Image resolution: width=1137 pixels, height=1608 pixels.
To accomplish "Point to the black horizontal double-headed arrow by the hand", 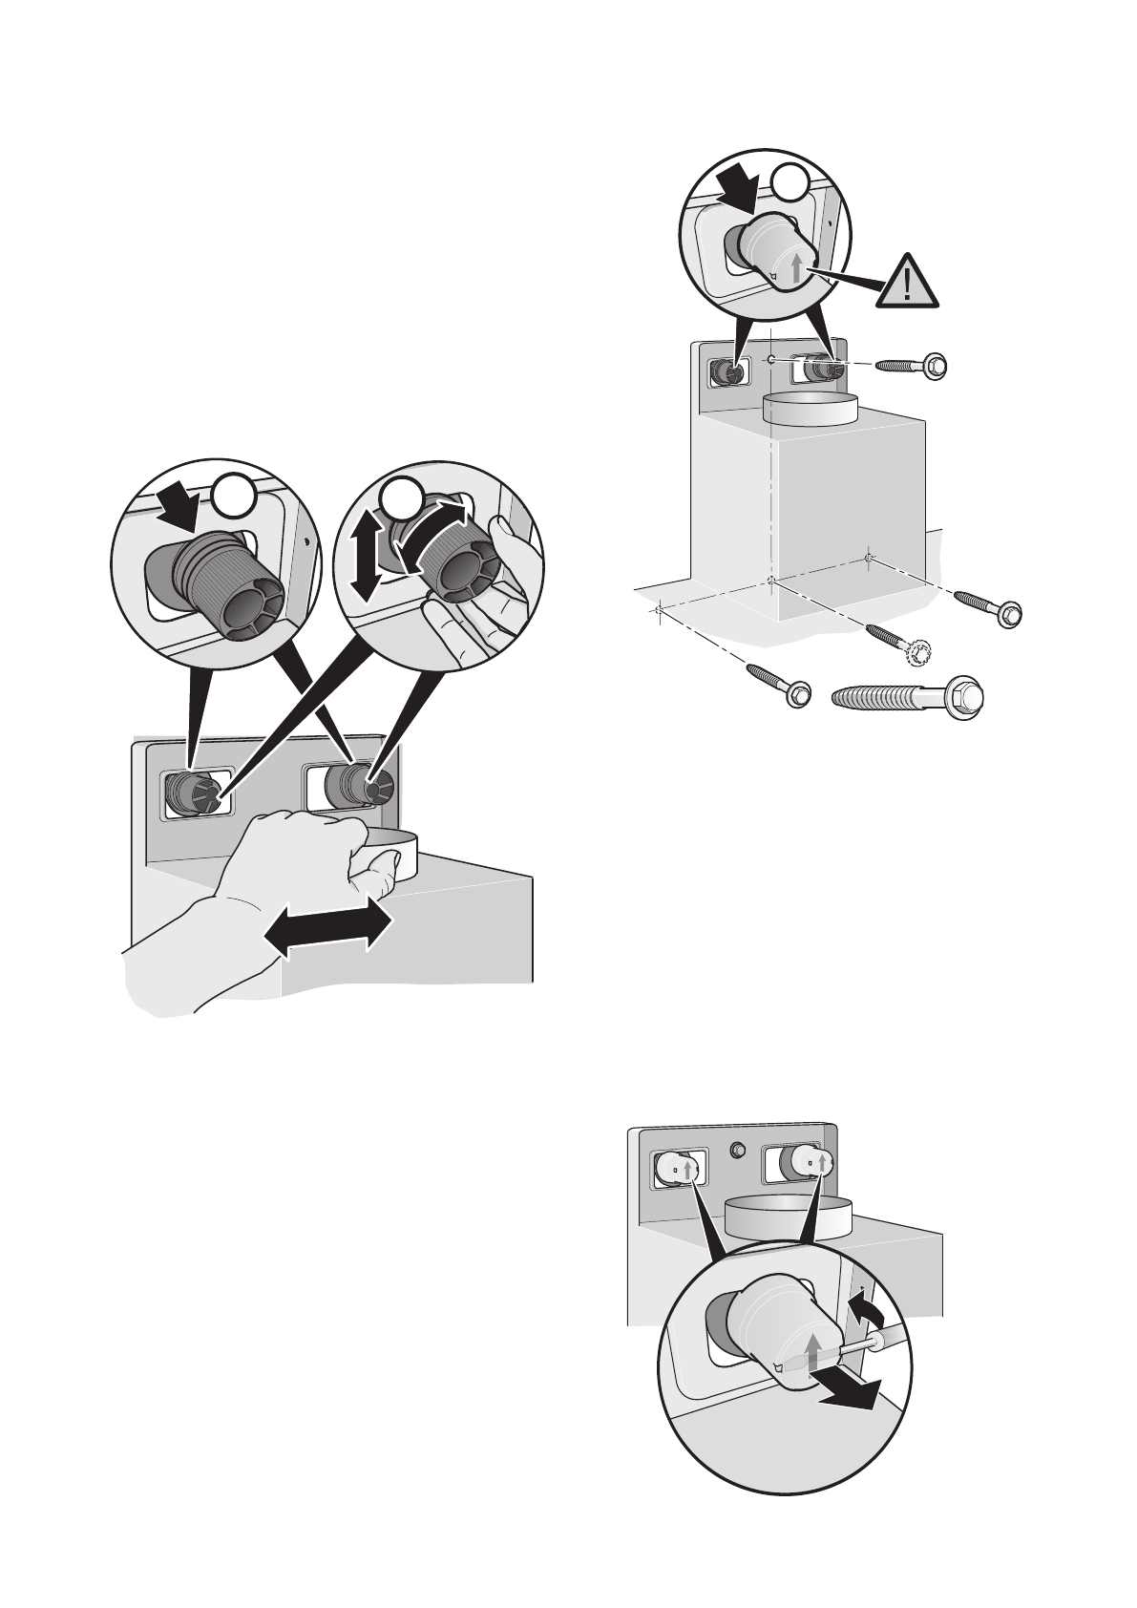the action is coord(327,927).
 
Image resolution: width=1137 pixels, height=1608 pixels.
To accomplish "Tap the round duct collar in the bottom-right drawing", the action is coord(787,1217).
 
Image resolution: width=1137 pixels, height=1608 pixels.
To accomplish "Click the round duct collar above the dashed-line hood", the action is coord(812,410).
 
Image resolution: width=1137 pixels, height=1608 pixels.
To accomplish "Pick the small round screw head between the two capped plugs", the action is coord(736,1151).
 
